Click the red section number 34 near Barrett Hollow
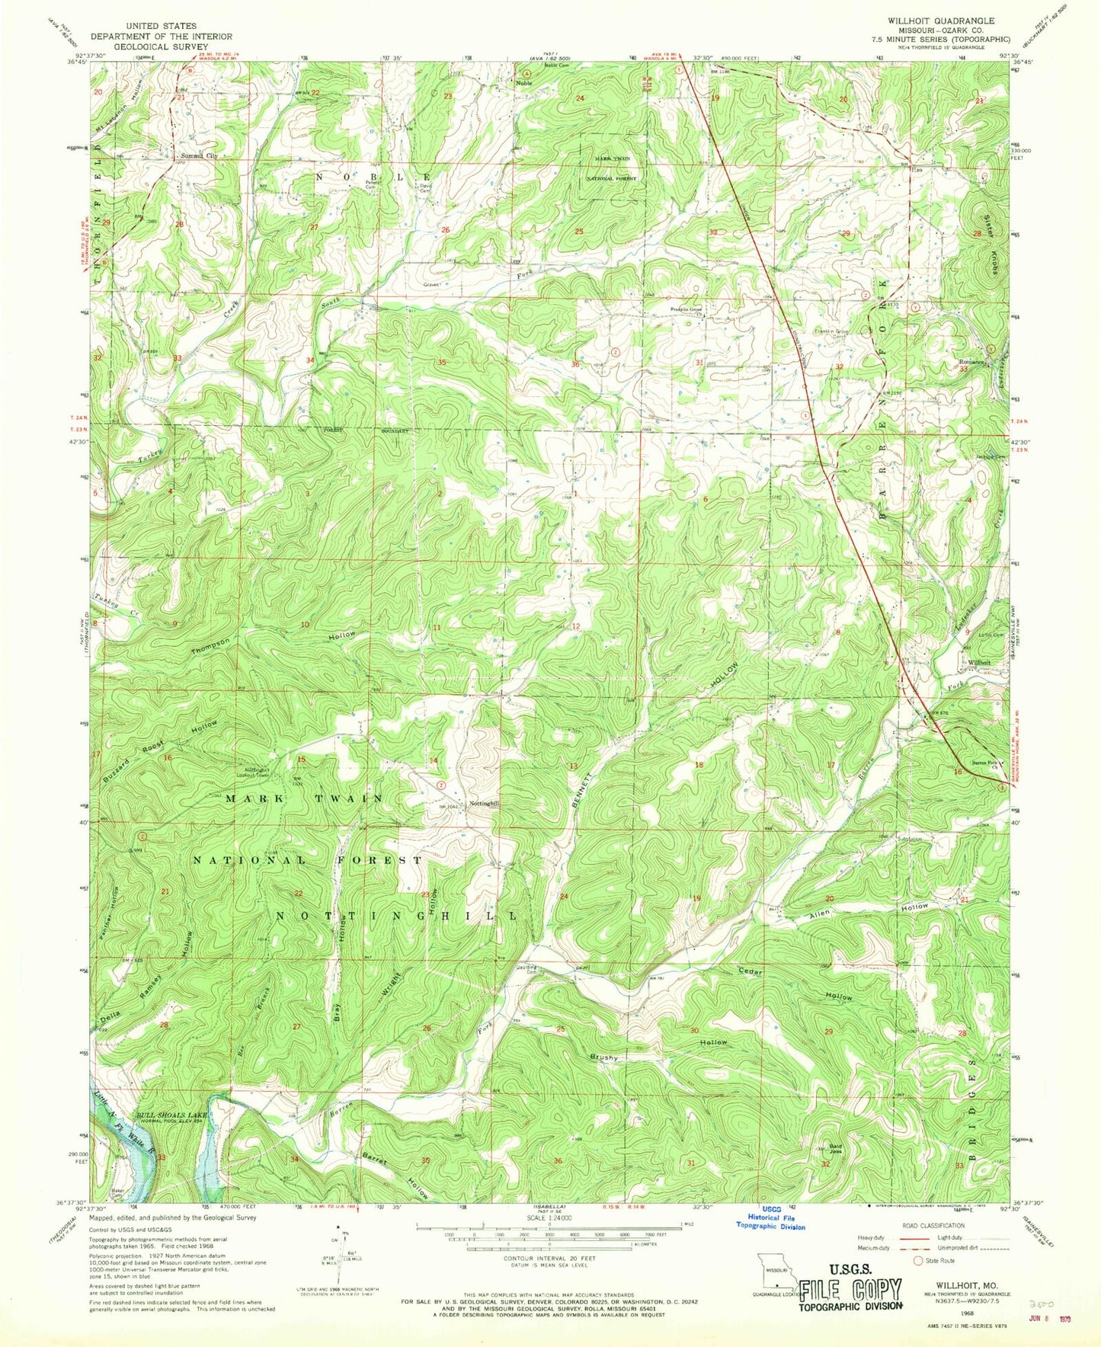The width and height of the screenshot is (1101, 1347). click(295, 1160)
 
